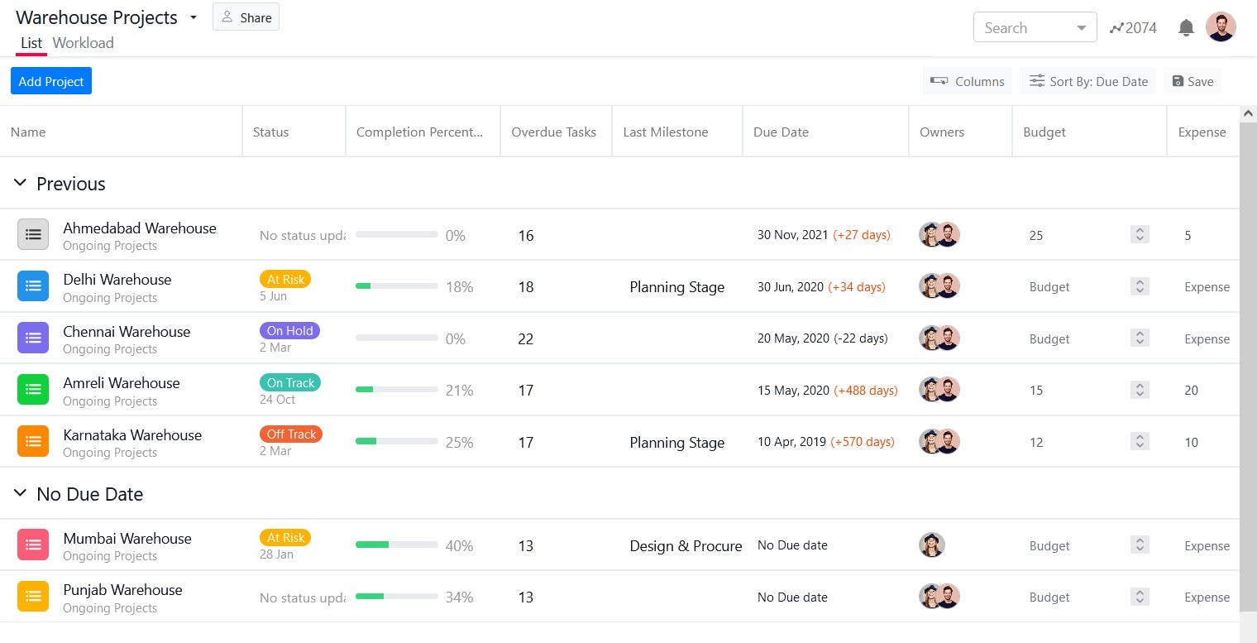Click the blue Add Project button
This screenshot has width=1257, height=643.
[51, 81]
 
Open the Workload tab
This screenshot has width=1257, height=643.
[83, 43]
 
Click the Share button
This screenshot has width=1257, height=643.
[246, 17]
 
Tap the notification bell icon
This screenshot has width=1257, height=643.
[1186, 28]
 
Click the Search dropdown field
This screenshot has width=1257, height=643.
[1035, 27]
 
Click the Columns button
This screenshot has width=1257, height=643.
[967, 81]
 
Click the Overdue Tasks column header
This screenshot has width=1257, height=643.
[553, 132]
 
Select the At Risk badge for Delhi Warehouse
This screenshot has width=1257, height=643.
[285, 279]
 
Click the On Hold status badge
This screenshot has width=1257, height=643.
[289, 330]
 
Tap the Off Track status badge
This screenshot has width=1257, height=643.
[291, 434]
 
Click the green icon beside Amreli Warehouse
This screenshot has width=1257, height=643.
[33, 390]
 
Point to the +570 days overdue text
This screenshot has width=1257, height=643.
[863, 442]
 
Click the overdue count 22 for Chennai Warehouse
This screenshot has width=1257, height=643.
[526, 338]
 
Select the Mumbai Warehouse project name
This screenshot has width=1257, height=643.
[127, 539]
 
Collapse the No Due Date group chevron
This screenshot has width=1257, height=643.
[21, 493]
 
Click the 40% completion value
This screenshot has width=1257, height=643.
[459, 546]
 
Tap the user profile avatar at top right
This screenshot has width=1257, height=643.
[1221, 27]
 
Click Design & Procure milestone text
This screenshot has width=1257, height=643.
[686, 546]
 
